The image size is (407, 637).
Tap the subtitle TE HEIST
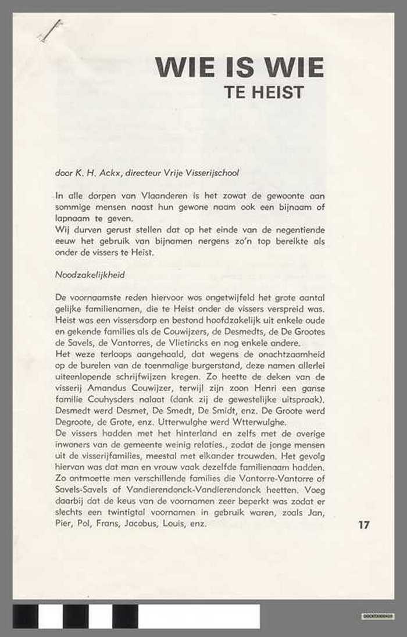click(x=264, y=92)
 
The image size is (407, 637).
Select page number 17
click(x=364, y=525)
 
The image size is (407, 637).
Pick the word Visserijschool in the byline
click(x=213, y=173)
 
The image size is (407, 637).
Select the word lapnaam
click(x=68, y=218)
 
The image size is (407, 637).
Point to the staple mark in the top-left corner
click(x=51, y=30)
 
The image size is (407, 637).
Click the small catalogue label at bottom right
click(x=377, y=615)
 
